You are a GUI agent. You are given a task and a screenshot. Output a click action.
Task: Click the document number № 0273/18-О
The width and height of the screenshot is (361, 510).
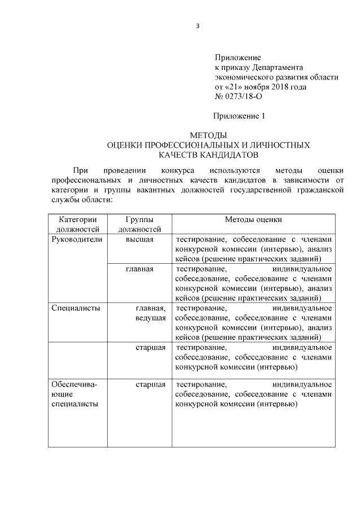(239, 97)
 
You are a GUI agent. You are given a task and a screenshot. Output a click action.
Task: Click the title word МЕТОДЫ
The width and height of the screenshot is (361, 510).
(209, 136)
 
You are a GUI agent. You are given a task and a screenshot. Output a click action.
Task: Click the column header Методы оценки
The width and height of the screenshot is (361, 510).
(253, 220)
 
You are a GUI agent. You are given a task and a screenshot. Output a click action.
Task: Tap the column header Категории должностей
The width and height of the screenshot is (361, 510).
(78, 224)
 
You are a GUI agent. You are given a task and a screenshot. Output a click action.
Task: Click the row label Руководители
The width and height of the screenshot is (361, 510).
(77, 239)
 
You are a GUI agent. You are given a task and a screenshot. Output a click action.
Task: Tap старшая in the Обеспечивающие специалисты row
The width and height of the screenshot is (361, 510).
(150, 384)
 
